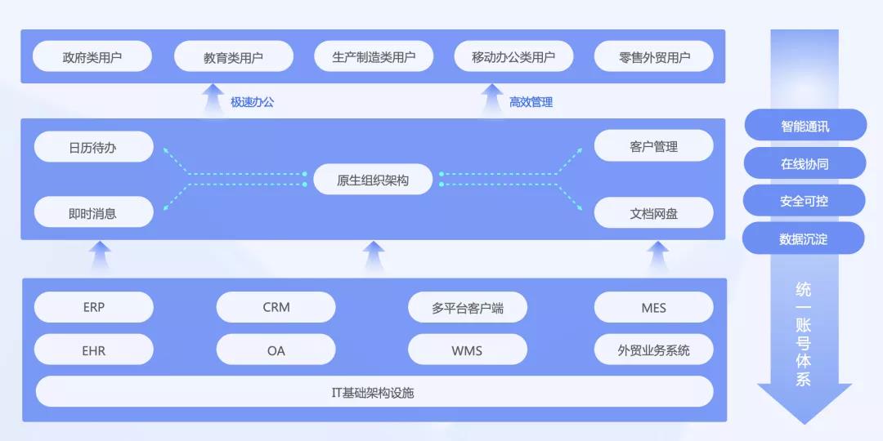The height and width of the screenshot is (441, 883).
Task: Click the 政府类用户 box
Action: pos(92,57)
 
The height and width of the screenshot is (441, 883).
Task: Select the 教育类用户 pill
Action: pos(233,57)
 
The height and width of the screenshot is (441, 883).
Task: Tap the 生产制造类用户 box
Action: pos(374,57)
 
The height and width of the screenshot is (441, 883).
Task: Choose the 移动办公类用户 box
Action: pos(513,57)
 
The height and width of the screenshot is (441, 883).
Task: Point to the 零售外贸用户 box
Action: pos(654,57)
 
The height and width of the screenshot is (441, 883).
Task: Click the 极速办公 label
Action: pos(252,102)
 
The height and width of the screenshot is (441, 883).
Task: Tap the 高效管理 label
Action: pos(531,102)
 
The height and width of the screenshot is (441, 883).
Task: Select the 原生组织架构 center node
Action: pos(373,180)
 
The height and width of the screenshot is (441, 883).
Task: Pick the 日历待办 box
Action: pos(93,147)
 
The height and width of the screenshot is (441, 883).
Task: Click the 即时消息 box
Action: pos(93,213)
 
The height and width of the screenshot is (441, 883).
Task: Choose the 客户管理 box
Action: pos(654,147)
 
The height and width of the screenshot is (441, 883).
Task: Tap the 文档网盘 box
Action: pos(654,213)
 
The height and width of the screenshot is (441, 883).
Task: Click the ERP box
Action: pos(94,308)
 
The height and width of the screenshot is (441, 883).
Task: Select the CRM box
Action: pos(276,308)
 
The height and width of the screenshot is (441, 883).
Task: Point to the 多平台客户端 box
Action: pos(468,308)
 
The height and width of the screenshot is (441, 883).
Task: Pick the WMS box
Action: pos(468,350)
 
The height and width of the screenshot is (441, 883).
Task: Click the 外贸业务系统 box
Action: pos(654,350)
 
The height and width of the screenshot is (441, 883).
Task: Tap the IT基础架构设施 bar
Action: pos(374,392)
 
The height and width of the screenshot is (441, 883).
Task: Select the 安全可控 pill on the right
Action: pos(805,201)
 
